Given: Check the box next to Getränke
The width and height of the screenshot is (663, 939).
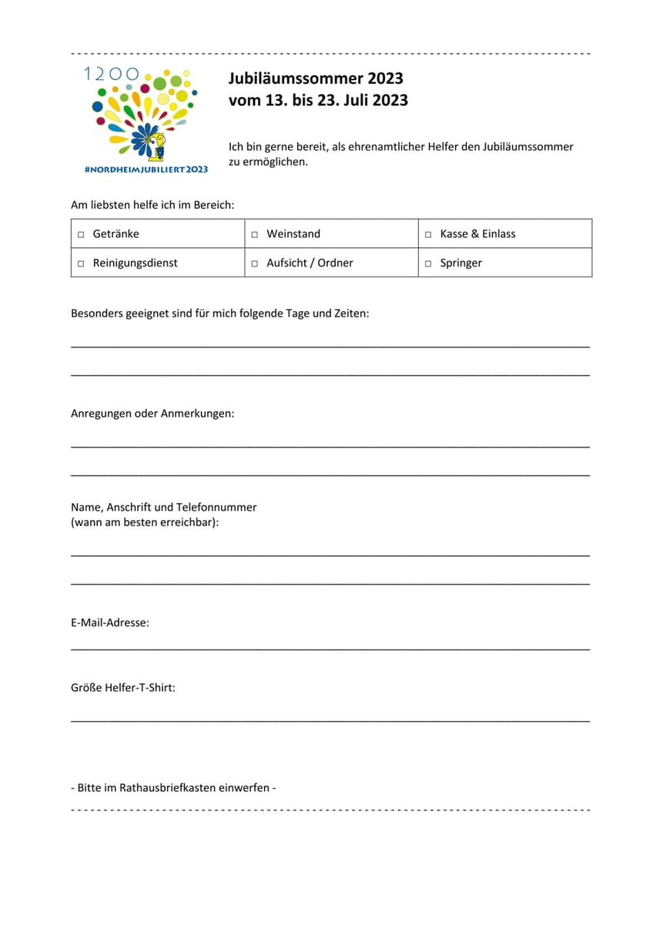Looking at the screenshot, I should click(x=81, y=234).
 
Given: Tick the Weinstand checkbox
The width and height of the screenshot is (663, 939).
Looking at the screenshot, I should click(x=255, y=234).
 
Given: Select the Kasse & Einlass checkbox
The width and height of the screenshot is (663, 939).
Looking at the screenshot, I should click(x=428, y=234).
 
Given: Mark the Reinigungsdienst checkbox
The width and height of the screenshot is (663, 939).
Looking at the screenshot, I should click(x=81, y=263).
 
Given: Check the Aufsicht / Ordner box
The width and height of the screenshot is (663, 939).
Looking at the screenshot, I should click(x=255, y=263).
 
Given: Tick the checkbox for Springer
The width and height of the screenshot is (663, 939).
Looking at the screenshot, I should click(x=428, y=263).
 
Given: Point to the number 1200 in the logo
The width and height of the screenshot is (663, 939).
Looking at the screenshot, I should click(x=112, y=74).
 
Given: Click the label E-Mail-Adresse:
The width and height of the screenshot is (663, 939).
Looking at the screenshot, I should click(x=110, y=622).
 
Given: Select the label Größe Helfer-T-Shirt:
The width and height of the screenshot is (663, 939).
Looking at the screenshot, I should click(x=123, y=687).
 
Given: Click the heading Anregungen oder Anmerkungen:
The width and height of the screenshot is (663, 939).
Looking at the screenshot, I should click(x=152, y=414).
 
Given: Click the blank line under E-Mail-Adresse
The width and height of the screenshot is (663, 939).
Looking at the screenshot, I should click(x=330, y=649).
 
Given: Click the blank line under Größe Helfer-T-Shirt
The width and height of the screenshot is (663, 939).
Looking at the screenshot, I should click(x=330, y=721).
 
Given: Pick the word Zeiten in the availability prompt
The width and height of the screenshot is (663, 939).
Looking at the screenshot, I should click(x=350, y=314).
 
